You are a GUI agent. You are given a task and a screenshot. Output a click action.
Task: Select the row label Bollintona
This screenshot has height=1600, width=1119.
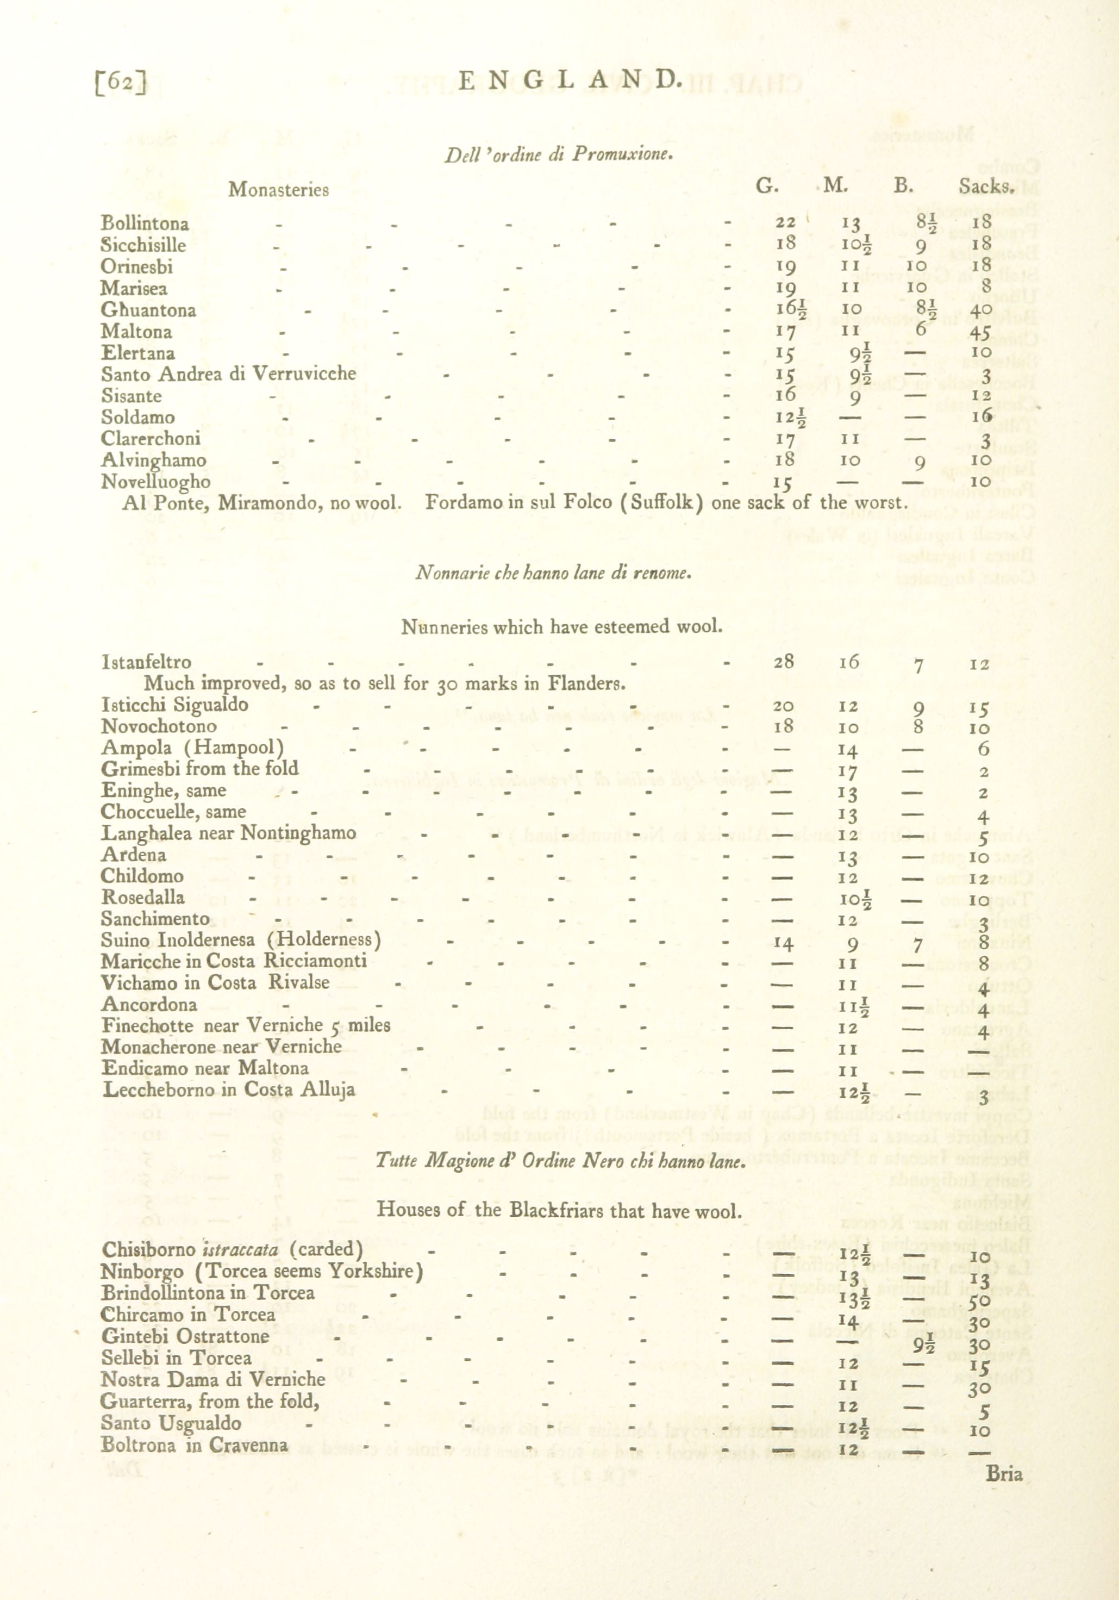point(145,223)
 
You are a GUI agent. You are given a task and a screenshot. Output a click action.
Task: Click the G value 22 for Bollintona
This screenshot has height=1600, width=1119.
point(785,223)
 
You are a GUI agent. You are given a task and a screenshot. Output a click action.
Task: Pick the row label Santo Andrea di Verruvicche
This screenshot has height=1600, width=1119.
point(229,374)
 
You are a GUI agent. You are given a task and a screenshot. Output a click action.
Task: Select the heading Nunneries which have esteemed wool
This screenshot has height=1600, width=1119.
point(561,626)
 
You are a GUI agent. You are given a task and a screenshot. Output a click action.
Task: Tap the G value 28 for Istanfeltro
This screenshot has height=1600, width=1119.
point(784,661)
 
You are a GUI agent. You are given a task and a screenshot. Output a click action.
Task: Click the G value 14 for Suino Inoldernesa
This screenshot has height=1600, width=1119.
point(784,944)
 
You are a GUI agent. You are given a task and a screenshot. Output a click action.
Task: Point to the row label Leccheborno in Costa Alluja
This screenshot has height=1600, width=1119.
point(229,1090)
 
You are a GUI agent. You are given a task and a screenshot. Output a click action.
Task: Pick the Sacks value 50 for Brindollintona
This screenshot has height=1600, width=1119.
point(980,1300)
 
